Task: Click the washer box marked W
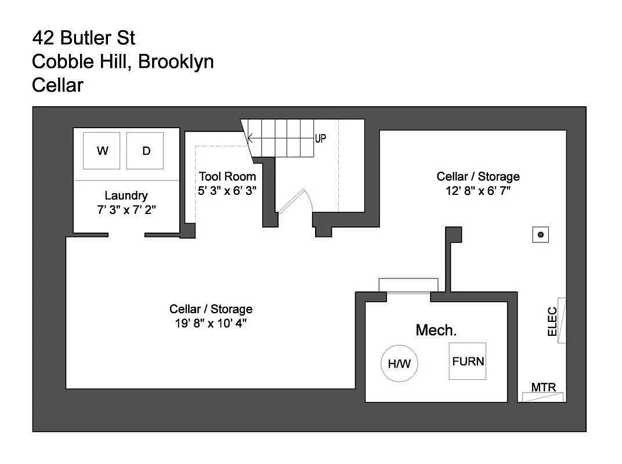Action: point(102,151)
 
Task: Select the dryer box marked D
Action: point(145,151)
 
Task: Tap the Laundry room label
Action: point(126,196)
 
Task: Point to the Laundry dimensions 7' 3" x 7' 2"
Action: point(126,209)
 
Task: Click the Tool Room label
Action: point(227,176)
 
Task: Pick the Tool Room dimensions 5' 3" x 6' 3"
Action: point(227,190)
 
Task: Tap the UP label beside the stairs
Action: point(320,139)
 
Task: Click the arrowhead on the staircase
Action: point(250,139)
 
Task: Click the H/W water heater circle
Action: point(400,364)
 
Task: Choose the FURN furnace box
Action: point(468,361)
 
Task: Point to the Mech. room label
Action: point(436,331)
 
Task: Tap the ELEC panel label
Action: point(552,321)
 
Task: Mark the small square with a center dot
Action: point(541,234)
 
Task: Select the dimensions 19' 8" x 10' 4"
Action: point(211,324)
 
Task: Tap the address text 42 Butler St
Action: point(84,38)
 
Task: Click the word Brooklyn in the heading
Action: point(176,61)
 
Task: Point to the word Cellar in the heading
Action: point(58,85)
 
